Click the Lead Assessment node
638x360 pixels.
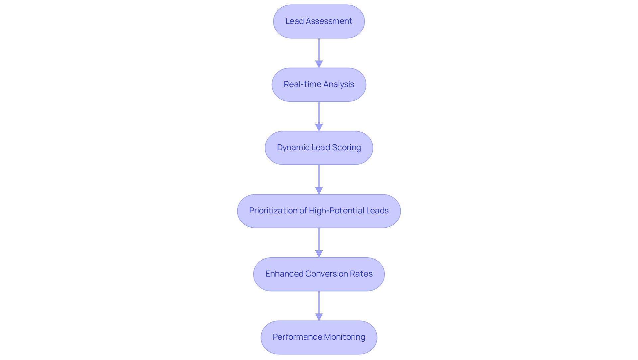click(x=319, y=22)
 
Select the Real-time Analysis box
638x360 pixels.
click(x=319, y=85)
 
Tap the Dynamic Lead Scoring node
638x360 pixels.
click(x=319, y=148)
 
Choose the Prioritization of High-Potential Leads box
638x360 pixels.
click(x=319, y=211)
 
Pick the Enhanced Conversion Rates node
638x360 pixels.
click(x=319, y=274)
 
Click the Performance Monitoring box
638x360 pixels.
click(x=319, y=337)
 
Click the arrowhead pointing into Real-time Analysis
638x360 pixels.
click(x=319, y=64)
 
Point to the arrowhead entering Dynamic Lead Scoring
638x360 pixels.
click(x=319, y=127)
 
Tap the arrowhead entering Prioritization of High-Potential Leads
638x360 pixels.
click(x=319, y=190)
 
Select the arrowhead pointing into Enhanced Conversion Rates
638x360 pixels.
click(x=319, y=254)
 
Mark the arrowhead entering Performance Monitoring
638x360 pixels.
click(x=319, y=317)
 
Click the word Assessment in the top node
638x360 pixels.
click(x=329, y=21)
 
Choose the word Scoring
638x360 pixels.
click(x=346, y=148)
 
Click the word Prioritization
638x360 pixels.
click(x=273, y=211)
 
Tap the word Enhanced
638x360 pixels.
click(x=284, y=274)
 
